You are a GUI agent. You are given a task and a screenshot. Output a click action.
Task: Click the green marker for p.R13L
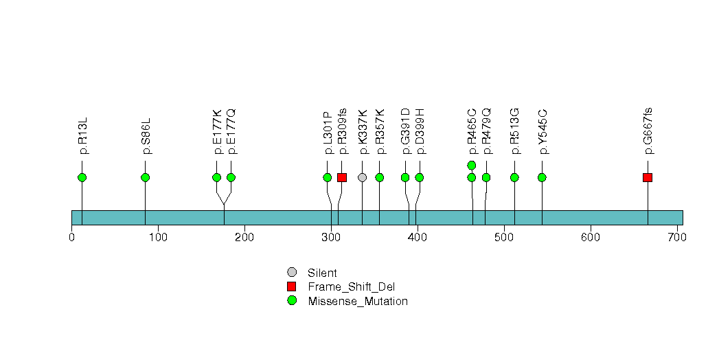tap(82, 177)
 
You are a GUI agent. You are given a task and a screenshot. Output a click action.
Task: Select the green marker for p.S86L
tap(145, 177)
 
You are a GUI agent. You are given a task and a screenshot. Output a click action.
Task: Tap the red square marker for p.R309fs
tap(342, 177)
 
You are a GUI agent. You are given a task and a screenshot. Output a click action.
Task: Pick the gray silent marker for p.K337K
tap(363, 177)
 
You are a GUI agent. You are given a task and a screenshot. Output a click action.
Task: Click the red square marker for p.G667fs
tap(648, 177)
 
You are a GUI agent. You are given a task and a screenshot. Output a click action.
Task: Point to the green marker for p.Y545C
tap(542, 177)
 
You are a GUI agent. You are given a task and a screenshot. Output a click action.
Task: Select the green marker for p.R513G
tap(514, 177)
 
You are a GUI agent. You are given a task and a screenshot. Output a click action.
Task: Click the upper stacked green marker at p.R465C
tap(472, 165)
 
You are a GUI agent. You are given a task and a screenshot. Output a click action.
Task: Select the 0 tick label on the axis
tap(72, 238)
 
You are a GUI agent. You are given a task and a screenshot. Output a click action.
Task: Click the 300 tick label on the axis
tap(331, 238)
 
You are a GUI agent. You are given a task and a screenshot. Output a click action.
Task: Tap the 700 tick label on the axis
tap(677, 238)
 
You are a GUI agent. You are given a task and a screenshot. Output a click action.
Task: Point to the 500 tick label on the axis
tap(504, 238)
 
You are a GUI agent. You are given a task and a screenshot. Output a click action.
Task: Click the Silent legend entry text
tap(322, 273)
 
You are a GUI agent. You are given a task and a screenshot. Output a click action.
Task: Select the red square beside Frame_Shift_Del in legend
tap(292, 286)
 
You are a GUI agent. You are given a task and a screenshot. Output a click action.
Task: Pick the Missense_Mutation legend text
tap(358, 301)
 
